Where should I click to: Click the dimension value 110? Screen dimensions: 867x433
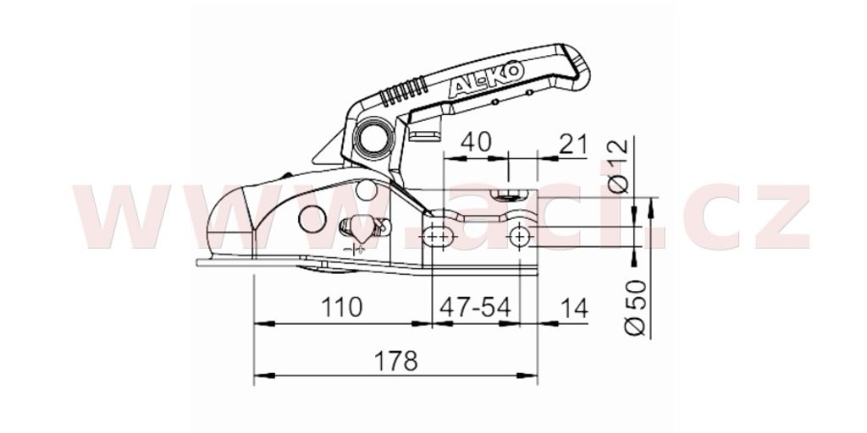341,307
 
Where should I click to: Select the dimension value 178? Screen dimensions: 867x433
396,361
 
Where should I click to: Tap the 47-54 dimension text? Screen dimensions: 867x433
476,307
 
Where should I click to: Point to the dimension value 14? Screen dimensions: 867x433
574,308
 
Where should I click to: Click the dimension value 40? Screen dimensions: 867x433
476,142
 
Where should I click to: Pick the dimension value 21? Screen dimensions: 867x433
572,144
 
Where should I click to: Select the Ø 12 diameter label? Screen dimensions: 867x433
618,166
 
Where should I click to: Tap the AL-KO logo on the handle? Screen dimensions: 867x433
485,79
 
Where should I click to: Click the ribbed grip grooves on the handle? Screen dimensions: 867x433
404,91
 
